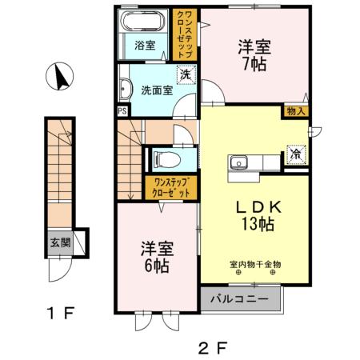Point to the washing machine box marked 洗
coord(185,74)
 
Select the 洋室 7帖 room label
coord(254,55)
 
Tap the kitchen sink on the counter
coord(238,164)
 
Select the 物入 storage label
coord(294,112)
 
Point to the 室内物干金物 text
coord(254,264)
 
